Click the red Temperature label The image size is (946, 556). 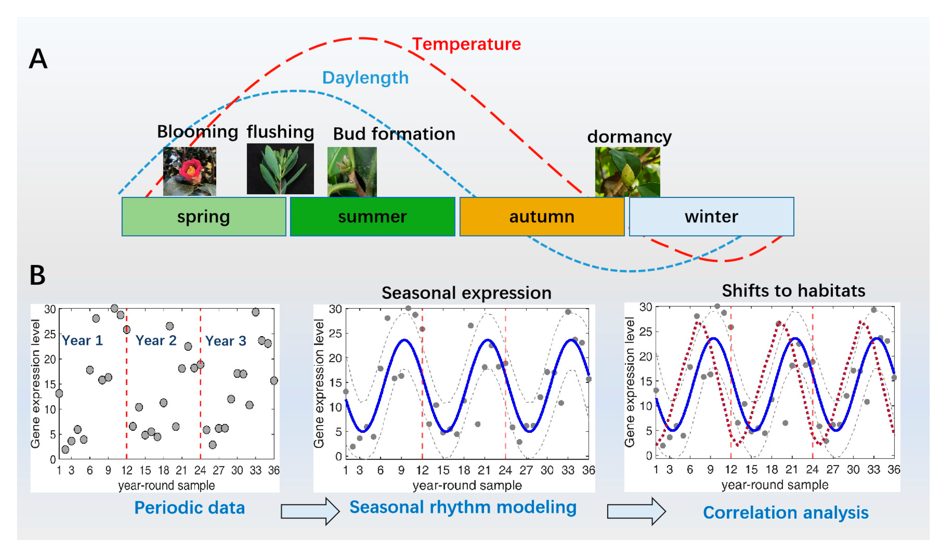(x=466, y=44)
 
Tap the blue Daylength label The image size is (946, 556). (x=365, y=78)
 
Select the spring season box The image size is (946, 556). (x=204, y=217)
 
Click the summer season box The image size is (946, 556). (x=372, y=217)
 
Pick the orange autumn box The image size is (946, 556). (x=542, y=217)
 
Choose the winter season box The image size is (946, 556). (x=711, y=217)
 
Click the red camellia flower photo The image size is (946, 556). (x=190, y=171)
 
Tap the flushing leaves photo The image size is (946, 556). (x=280, y=169)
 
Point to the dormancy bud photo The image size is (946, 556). (x=627, y=172)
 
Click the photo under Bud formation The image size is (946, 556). (x=352, y=172)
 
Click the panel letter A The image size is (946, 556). (x=38, y=59)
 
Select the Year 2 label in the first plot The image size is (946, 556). (x=156, y=341)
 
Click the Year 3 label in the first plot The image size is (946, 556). (x=226, y=341)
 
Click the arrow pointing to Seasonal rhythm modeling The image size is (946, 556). (x=310, y=511)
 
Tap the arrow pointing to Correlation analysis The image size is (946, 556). (x=636, y=511)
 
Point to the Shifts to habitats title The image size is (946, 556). (x=793, y=291)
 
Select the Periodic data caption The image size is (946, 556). (x=190, y=508)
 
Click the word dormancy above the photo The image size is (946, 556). (x=629, y=137)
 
